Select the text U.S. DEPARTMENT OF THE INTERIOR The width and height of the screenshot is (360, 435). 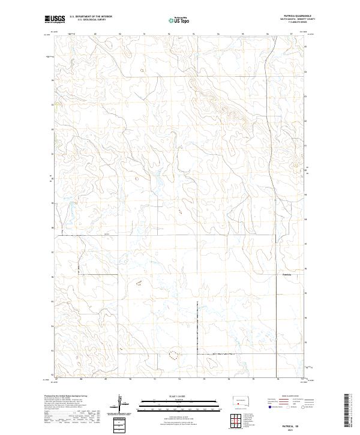(91, 17)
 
